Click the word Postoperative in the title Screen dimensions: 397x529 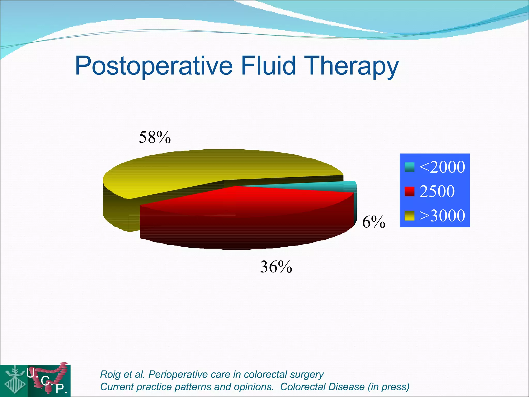pos(154,66)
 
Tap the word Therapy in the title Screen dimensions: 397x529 pos(351,66)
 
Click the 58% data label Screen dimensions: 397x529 pos(155,137)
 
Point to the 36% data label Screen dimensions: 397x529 pos(276,267)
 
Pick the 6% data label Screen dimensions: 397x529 pos(373,222)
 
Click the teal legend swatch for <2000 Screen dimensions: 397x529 pos(409,167)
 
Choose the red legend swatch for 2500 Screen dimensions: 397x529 pos(409,192)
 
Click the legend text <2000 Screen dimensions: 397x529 pos(442,167)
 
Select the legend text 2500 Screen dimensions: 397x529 pos(437,191)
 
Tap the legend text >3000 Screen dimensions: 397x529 pos(442,215)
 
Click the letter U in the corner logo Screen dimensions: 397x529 pos(31,373)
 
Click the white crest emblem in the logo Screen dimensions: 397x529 pos(14,380)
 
